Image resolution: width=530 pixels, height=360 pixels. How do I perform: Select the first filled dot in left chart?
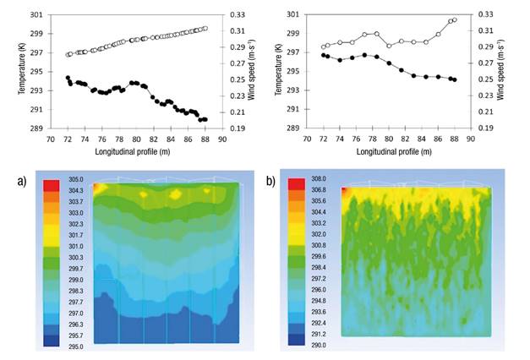pos(68,78)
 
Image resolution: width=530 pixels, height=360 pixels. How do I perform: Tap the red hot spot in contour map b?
pos(346,191)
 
